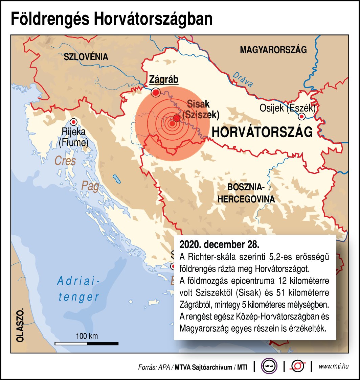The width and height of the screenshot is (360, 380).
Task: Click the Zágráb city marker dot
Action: coord(156,92)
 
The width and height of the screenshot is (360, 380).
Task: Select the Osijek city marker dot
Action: coord(302,117)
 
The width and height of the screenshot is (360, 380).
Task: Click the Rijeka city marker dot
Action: coord(73,122)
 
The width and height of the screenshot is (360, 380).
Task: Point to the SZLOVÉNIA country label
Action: coord(86,57)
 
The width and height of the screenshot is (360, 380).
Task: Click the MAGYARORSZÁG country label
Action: coord(273,50)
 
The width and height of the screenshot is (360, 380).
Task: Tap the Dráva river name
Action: coord(243,80)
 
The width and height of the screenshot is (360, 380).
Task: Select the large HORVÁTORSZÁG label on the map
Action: coord(262,132)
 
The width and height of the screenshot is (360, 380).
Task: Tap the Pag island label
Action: coord(90,186)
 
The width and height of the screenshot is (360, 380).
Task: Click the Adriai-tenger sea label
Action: coord(78,289)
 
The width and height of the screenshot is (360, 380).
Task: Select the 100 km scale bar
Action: coord(87,343)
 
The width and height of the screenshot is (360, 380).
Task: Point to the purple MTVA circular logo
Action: coord(269,366)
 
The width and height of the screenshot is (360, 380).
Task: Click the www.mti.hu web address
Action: coord(334,366)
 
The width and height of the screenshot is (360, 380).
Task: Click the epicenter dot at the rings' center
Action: coord(172,124)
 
